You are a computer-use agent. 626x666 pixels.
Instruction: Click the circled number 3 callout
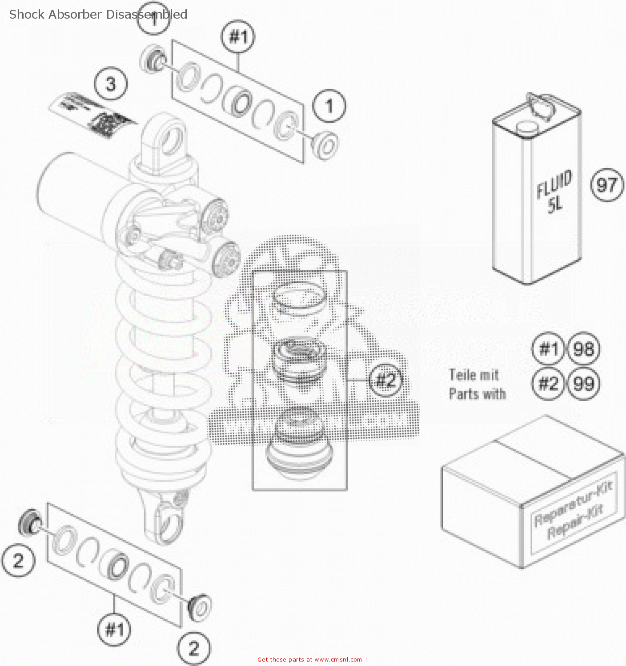point(111,84)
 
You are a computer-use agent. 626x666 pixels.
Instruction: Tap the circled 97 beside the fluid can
point(607,185)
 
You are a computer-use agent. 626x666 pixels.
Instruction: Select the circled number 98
point(583,349)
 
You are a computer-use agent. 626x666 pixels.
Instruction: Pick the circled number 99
point(583,383)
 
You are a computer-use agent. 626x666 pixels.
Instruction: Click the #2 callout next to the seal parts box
point(385,380)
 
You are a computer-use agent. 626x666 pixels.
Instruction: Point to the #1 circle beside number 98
point(548,349)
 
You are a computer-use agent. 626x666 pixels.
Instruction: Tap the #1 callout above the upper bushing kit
point(238,36)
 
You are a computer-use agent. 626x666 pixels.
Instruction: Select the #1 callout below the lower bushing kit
point(114,629)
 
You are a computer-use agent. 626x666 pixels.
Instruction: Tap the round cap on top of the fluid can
point(527,127)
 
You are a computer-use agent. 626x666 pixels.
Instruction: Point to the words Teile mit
point(474,375)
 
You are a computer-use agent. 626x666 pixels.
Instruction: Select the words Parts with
point(477,394)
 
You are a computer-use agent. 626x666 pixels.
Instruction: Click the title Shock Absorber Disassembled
point(98,14)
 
